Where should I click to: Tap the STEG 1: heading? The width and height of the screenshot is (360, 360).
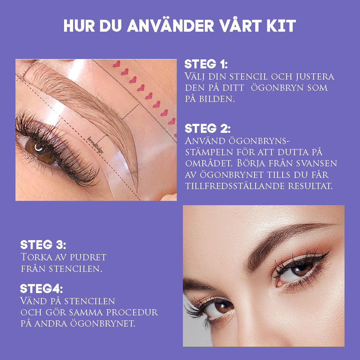point(206,65)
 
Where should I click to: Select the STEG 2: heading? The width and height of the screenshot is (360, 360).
point(207,129)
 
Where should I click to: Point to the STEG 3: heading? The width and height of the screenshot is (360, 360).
point(43,245)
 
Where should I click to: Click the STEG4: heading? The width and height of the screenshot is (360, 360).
point(41,289)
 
